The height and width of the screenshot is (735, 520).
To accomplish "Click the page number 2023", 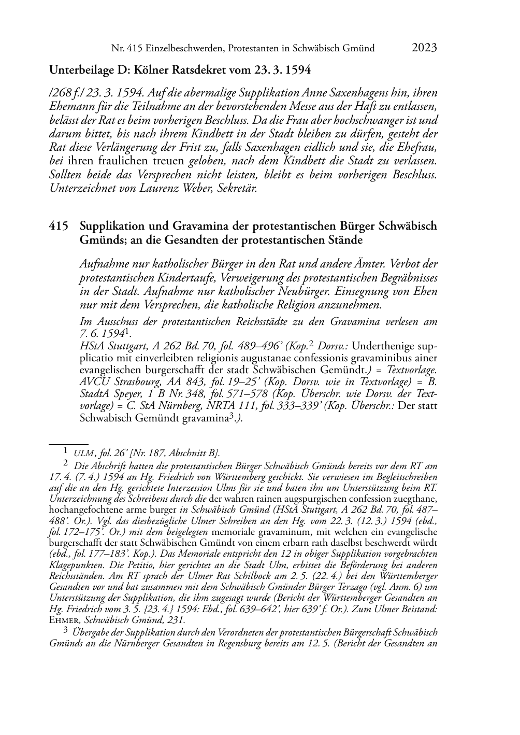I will coord(424,48).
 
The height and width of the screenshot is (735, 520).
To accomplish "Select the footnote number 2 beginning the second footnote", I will coord(66,462).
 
